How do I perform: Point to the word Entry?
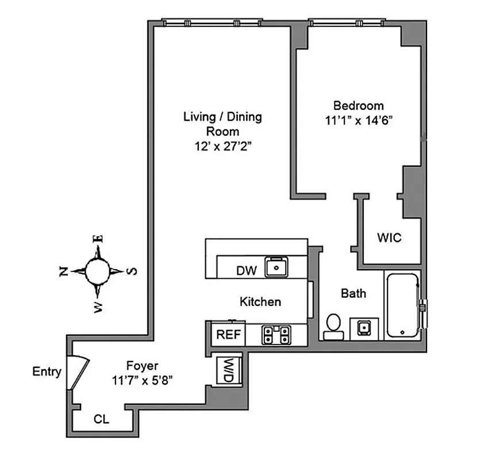point(47,371)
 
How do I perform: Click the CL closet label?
point(101,419)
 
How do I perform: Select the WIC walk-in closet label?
point(389,237)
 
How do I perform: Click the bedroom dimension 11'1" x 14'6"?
point(358,120)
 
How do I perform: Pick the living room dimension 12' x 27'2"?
point(222,146)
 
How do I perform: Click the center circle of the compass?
point(97,270)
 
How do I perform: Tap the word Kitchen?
point(260,301)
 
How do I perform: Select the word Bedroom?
point(358,105)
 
